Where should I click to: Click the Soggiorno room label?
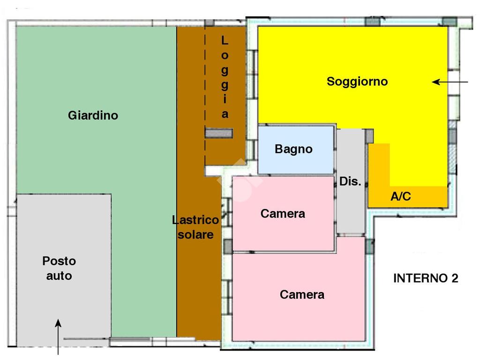coord(357,82)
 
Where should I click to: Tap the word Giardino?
coord(93,115)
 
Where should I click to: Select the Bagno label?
coord(293,149)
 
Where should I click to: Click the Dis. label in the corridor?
coord(350,181)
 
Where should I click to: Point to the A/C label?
coord(401,196)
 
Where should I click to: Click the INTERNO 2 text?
coord(426,278)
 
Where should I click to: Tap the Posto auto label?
coord(59,268)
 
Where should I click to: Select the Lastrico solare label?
coord(195,227)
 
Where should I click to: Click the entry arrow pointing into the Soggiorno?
coord(450,82)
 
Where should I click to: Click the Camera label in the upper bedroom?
coord(283,214)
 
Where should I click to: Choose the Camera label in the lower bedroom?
coord(302,294)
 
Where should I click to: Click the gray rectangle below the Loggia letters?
coord(218,133)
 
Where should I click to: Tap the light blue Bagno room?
coord(296,150)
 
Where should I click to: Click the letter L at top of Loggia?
coord(225,40)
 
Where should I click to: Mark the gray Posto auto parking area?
coord(64,270)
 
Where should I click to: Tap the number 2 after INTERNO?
coord(455,278)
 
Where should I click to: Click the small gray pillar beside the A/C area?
coord(369,136)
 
